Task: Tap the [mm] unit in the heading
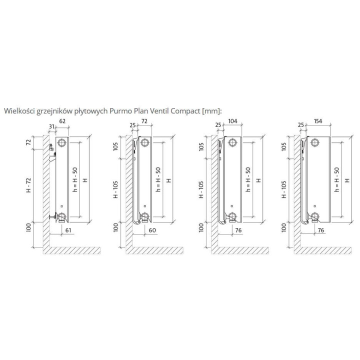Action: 212,110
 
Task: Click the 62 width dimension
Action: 62,121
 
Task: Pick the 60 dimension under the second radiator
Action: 152,229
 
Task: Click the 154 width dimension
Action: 318,121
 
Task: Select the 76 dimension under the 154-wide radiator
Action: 321,229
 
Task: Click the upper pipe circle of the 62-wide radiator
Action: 62,143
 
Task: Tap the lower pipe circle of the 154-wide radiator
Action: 315,216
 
